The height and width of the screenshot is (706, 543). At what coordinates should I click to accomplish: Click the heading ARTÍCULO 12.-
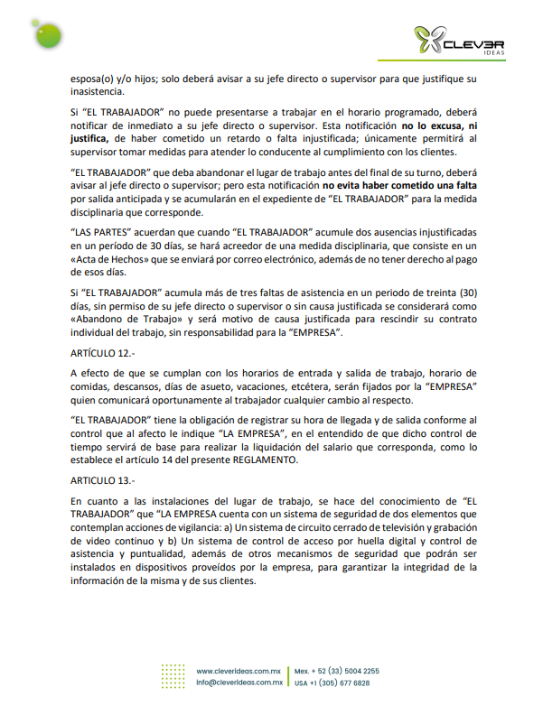100,353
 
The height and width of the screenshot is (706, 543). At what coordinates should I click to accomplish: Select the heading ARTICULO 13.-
100,481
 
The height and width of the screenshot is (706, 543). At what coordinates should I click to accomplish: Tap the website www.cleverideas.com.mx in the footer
239,672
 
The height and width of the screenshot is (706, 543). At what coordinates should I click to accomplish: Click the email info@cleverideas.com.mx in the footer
239,683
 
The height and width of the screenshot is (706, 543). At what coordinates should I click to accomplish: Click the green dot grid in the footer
173,677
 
